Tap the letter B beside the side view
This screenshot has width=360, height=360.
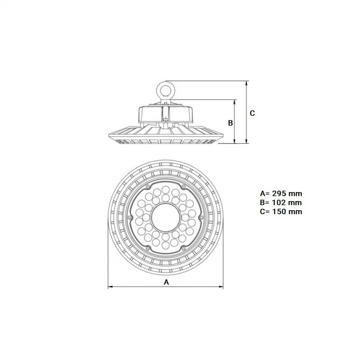pyautogui.click(x=229, y=122)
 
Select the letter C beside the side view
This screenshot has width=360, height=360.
pyautogui.click(x=252, y=113)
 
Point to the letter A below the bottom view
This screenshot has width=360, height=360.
pyautogui.click(x=166, y=282)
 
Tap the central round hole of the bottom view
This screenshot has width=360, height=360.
pyautogui.click(x=166, y=217)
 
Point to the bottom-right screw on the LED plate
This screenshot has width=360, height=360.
pyautogui.click(x=184, y=249)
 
